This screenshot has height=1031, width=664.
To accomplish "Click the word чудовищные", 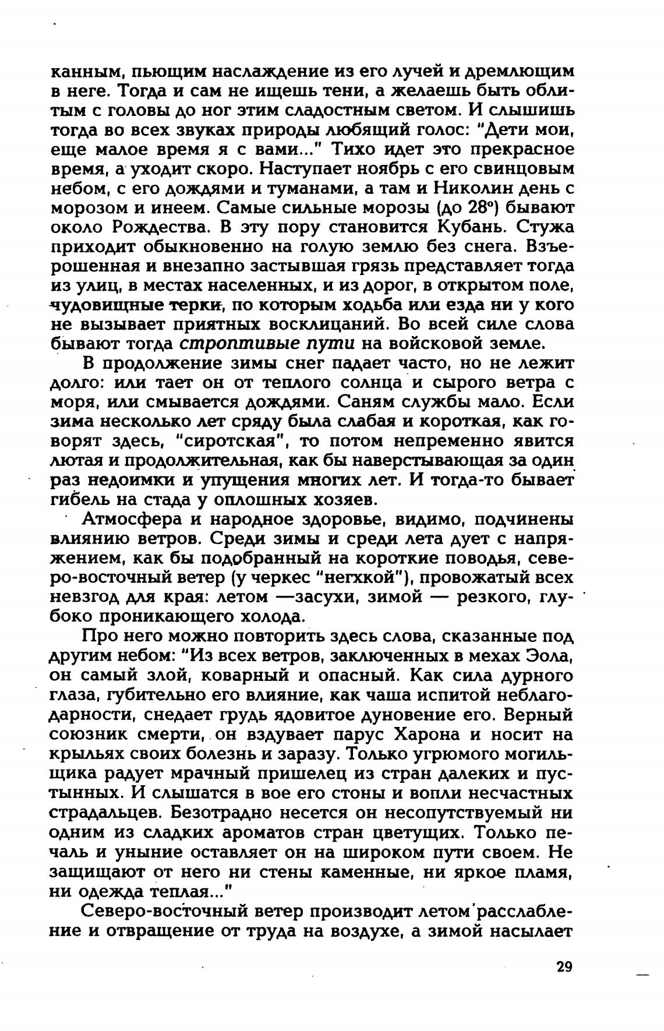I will click(105, 305).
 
